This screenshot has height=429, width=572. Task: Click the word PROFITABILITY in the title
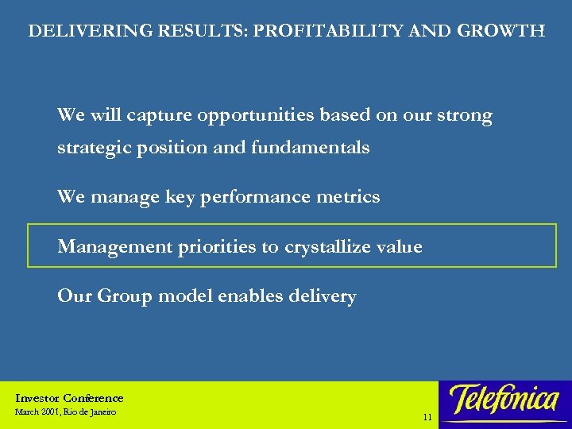coord(340,32)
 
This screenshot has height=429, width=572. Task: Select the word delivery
coord(323,296)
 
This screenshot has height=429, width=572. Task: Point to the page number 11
coord(427,417)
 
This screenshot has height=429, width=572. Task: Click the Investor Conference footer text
coord(70,398)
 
